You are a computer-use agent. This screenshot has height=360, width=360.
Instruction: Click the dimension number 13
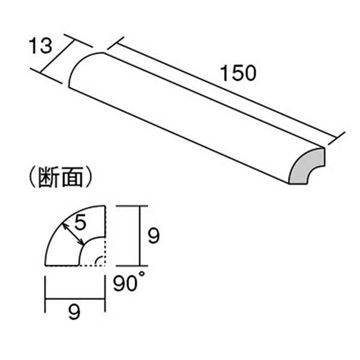(40, 46)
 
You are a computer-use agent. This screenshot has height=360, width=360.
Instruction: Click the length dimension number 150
(238, 73)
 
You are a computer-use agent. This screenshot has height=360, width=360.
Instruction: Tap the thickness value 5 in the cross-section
(80, 222)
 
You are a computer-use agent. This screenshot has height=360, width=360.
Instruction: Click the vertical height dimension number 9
(154, 236)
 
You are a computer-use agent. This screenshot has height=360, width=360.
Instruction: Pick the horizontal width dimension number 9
(74, 312)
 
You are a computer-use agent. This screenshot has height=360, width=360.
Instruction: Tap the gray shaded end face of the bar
(307, 166)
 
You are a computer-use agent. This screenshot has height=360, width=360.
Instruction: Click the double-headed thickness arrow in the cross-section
(73, 234)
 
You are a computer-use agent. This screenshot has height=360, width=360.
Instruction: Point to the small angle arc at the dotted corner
(98, 261)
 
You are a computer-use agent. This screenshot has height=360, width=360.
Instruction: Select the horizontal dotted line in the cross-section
(92, 266)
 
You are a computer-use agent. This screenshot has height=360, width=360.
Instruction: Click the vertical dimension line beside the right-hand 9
(139, 236)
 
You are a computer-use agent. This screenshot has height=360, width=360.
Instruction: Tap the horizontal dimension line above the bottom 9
(75, 299)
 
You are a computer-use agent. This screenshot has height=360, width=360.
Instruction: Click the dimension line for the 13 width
(58, 57)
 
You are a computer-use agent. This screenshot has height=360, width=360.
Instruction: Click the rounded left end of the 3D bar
(82, 67)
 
